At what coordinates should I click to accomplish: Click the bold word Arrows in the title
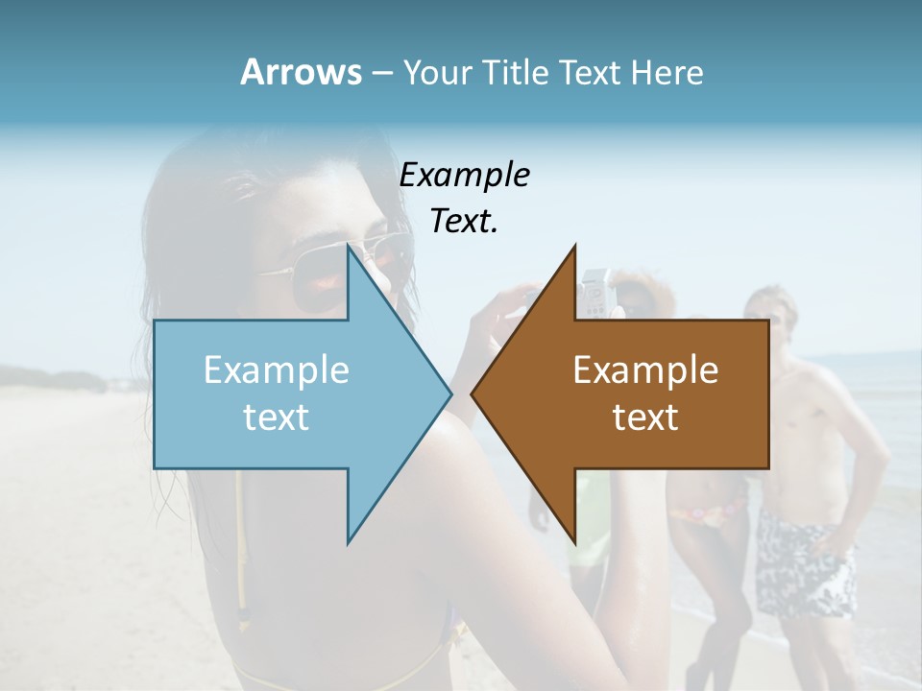[x=301, y=72]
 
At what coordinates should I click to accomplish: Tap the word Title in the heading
[x=516, y=72]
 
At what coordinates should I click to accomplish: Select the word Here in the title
[x=667, y=72]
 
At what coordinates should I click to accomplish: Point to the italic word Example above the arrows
[x=464, y=175]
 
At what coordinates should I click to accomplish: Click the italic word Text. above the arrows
[x=464, y=221]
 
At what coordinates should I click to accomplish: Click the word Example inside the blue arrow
[x=276, y=370]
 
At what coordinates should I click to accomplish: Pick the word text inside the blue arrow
[x=276, y=417]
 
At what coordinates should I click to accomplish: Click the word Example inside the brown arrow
[x=645, y=370]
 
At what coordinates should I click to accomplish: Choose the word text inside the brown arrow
[x=645, y=417]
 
